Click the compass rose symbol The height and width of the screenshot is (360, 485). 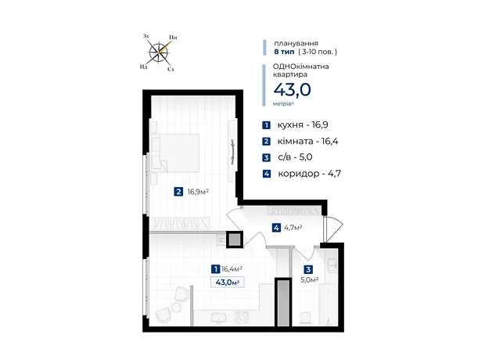(x=159, y=52)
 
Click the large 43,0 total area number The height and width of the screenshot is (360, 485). (x=292, y=90)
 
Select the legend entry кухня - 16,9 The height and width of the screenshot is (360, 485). (x=295, y=124)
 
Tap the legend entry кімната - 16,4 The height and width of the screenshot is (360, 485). (x=300, y=141)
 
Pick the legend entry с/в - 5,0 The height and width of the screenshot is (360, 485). (x=287, y=157)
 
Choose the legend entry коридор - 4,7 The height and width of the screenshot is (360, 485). (x=302, y=174)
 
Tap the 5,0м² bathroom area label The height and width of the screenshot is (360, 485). (x=310, y=280)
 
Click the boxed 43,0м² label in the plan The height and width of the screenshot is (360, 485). (x=228, y=283)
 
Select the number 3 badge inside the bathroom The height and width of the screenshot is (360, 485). (x=308, y=270)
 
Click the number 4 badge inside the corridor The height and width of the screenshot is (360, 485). (x=276, y=228)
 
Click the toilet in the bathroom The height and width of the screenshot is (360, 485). (x=306, y=319)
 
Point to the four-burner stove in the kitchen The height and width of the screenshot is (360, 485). (x=242, y=317)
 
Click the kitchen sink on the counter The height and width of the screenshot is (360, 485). (x=218, y=319)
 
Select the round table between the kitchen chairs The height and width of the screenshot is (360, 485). (x=176, y=308)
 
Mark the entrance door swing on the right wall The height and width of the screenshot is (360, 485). (x=333, y=229)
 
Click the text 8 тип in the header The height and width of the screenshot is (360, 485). (x=284, y=52)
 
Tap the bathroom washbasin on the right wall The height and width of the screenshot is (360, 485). (x=332, y=265)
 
